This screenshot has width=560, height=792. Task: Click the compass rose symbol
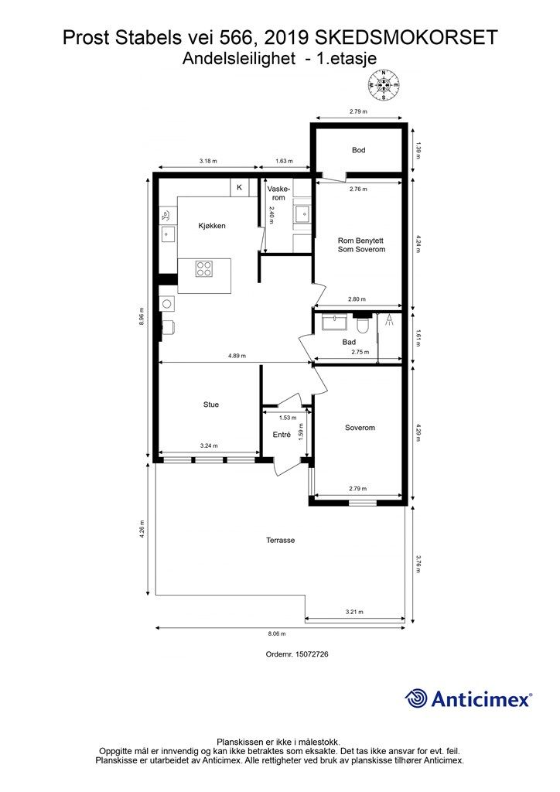[384, 84]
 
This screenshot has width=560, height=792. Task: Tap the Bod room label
[359, 150]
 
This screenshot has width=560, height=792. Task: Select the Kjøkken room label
[212, 226]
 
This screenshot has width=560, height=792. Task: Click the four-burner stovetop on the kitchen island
[204, 268]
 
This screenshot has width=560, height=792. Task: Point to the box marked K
[239, 187]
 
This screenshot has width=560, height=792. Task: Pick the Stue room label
[211, 405]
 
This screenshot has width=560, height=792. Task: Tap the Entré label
[282, 435]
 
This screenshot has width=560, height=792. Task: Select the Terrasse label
[280, 540]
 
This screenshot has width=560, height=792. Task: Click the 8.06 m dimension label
[277, 634]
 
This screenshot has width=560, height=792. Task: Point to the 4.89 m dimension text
[237, 356]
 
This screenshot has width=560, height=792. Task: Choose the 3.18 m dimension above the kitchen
[207, 161]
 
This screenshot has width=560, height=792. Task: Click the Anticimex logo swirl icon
[415, 699]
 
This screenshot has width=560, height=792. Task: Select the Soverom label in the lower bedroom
[360, 428]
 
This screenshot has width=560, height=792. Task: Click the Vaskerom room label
[278, 193]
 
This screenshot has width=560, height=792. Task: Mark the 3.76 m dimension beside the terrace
[418, 564]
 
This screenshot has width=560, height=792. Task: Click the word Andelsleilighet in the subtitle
[239, 59]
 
